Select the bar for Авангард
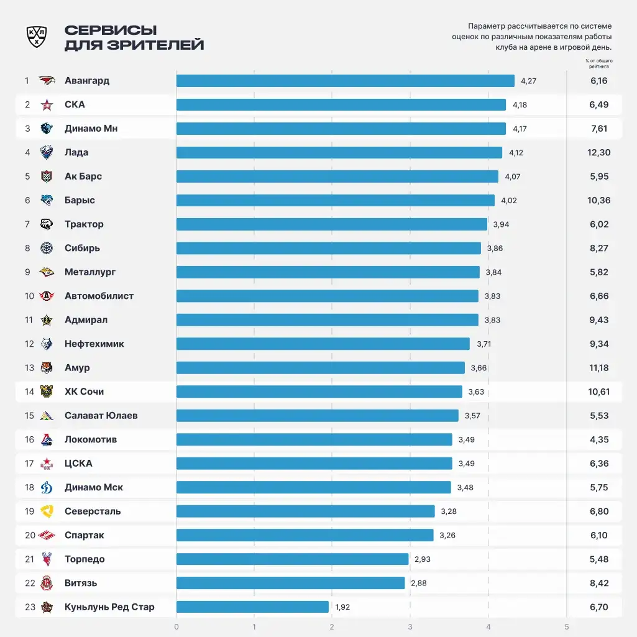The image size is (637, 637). click(345, 81)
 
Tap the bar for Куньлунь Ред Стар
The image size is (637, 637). click(252, 607)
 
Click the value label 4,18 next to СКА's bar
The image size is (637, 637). click(520, 105)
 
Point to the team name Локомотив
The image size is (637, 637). click(91, 440)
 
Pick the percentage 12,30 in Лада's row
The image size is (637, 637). click(598, 153)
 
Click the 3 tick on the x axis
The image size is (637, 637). click(410, 626)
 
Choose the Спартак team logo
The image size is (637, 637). click(47, 536)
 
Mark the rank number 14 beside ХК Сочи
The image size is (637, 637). click(29, 392)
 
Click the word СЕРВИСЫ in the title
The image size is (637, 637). click(111, 30)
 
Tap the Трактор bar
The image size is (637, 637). click(331, 224)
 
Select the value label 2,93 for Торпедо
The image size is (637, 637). click(422, 559)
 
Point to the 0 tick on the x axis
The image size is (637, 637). click(176, 626)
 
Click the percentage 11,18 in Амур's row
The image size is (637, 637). click(598, 368)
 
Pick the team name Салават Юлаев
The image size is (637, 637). click(101, 416)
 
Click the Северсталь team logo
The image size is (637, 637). click(47, 511)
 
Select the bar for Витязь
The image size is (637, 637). click(290, 583)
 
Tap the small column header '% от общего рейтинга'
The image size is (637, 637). click(598, 63)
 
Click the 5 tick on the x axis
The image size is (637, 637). click(566, 626)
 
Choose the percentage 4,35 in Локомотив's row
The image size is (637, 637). click(598, 440)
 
